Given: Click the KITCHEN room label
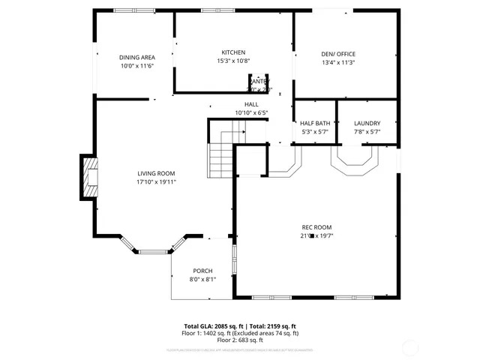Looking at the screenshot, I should click(233, 52).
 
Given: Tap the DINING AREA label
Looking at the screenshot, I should click(136, 57).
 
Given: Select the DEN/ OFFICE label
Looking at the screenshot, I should click(337, 54).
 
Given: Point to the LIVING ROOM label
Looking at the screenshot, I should click(156, 173).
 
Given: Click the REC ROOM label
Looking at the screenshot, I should click(316, 227).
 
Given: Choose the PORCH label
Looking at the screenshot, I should click(202, 271).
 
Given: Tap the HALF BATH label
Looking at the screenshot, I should click(315, 123).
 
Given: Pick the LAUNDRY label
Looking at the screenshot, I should click(367, 123).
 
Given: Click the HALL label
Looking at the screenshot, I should click(251, 104).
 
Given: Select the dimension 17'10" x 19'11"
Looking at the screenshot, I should click(156, 181).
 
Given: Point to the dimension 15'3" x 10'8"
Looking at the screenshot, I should click(233, 61).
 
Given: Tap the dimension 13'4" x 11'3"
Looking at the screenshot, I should click(337, 62).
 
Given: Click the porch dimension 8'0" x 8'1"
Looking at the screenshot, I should click(202, 279).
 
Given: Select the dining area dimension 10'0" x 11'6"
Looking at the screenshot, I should click(136, 65).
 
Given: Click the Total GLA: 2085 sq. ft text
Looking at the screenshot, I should click(214, 326).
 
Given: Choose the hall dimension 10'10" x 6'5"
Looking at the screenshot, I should click(251, 112).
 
